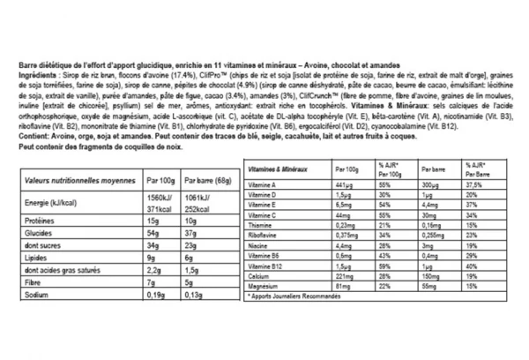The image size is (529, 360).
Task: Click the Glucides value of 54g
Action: (153, 236)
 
